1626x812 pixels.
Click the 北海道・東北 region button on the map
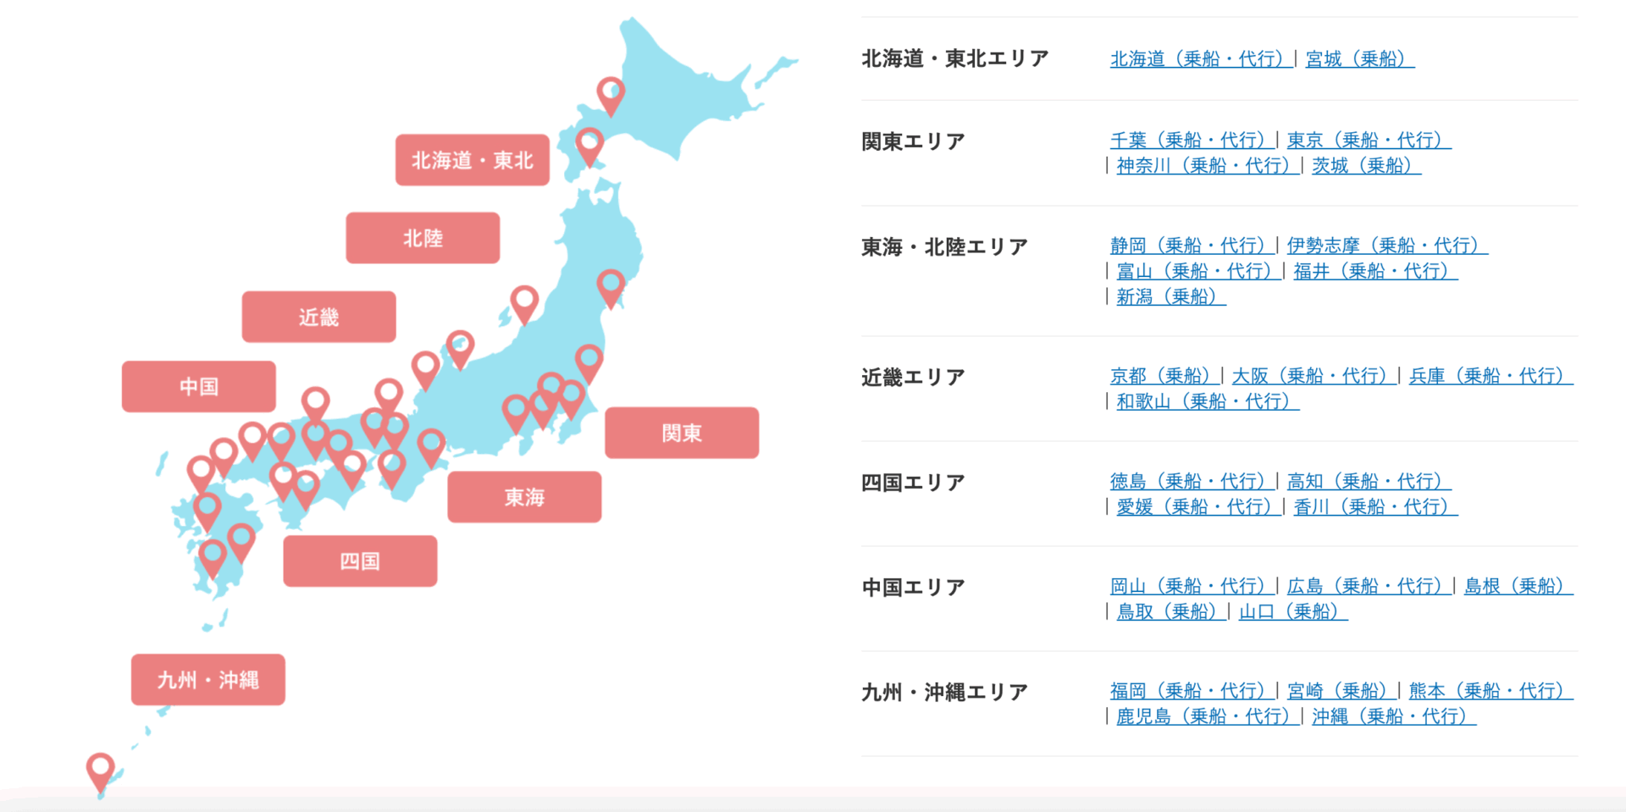pos(472,160)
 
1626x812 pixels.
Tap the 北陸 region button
pos(423,238)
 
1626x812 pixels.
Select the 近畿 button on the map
pos(318,317)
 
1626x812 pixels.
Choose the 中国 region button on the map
pos(199,387)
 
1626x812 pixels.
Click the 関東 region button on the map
pos(682,433)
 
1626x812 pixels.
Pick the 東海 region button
pos(524,497)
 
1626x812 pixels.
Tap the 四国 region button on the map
pos(360,561)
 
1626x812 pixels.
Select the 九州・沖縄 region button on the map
pos(207,679)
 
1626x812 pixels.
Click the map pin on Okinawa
pos(101,769)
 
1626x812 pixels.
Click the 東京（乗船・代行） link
pos(1369,140)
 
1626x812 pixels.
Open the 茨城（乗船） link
pos(1366,165)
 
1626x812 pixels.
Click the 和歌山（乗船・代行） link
pos(1207,400)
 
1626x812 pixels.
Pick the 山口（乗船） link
pos(1292,611)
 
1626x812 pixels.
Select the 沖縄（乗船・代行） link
pos(1393,716)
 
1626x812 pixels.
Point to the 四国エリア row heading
pos(913,483)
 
